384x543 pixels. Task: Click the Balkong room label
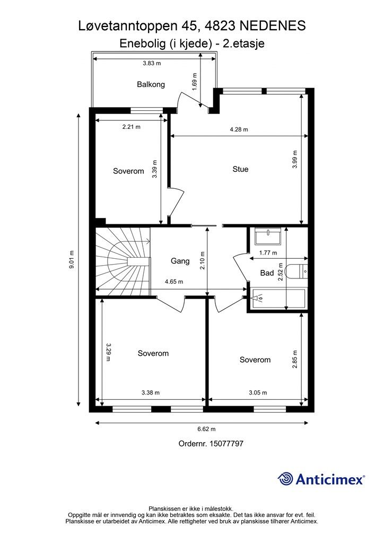tap(151, 84)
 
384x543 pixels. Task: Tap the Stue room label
tap(240, 169)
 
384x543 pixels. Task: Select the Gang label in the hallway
tap(180, 261)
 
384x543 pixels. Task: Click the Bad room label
tap(267, 273)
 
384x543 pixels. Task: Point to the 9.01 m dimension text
tap(72, 260)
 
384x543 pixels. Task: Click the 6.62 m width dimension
tap(206, 429)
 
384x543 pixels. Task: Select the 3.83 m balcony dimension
tap(152, 64)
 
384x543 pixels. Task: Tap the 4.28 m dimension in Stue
tap(239, 129)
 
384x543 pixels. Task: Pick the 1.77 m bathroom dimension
tap(268, 253)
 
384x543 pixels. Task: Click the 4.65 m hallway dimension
tap(174, 282)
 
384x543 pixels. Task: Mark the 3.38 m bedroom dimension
tap(151, 393)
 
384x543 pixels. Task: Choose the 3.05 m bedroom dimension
tap(258, 393)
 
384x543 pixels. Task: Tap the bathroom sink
tap(268, 237)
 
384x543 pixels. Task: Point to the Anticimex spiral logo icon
tap(285, 479)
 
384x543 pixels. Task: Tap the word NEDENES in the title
tap(273, 26)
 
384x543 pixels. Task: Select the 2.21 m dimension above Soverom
tap(131, 127)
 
